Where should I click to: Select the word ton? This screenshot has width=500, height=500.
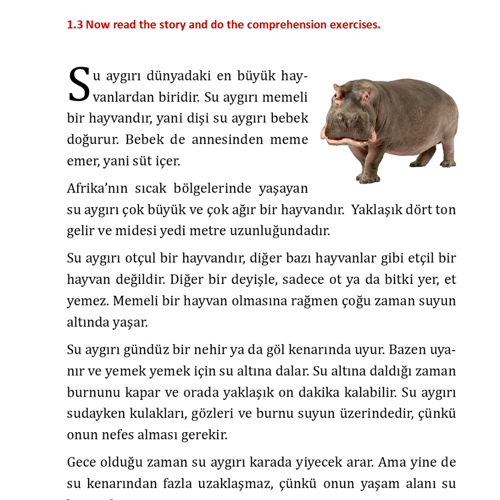pos(445,210)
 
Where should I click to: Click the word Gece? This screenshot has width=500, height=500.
pos(81,462)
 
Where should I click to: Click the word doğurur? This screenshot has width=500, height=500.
pos(92,139)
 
